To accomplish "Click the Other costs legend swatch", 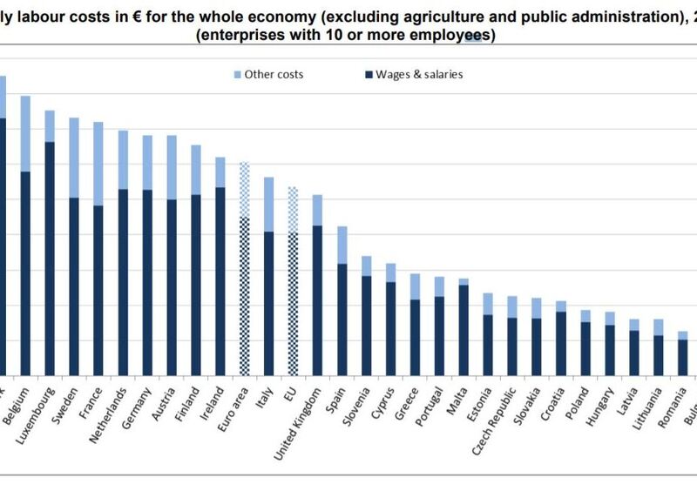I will pyautogui.click(x=237, y=75).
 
